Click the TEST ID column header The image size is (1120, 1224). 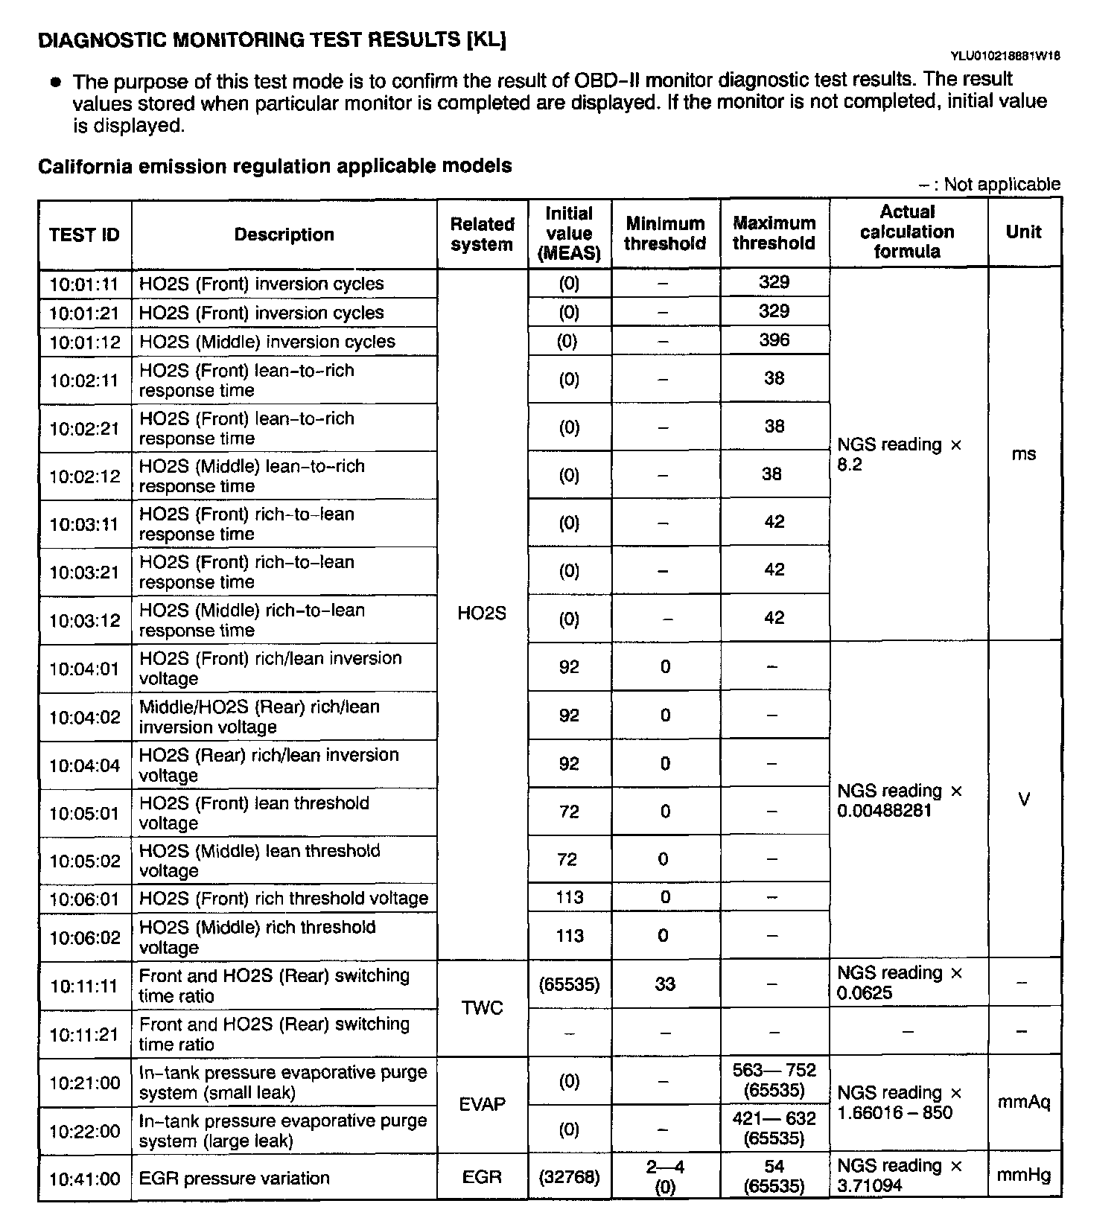(84, 235)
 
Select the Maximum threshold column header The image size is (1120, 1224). (774, 233)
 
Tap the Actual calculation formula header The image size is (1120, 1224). (907, 232)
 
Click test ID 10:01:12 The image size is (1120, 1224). (84, 342)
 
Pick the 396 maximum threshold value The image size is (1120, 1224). (774, 340)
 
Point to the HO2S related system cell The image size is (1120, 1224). (482, 613)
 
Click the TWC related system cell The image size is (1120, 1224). (482, 1007)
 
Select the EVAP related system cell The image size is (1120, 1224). (482, 1104)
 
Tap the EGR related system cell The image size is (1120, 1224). (482, 1177)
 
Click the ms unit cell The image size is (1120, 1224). (1023, 454)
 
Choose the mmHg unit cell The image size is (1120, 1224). (1023, 1176)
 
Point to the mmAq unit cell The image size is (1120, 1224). (1023, 1103)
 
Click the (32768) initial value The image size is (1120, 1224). (569, 1177)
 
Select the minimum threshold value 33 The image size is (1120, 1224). (664, 984)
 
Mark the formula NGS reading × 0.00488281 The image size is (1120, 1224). (900, 800)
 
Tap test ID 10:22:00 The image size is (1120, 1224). (84, 1131)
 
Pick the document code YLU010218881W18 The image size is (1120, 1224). (1005, 56)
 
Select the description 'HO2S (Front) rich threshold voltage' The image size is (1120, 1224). (284, 898)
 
